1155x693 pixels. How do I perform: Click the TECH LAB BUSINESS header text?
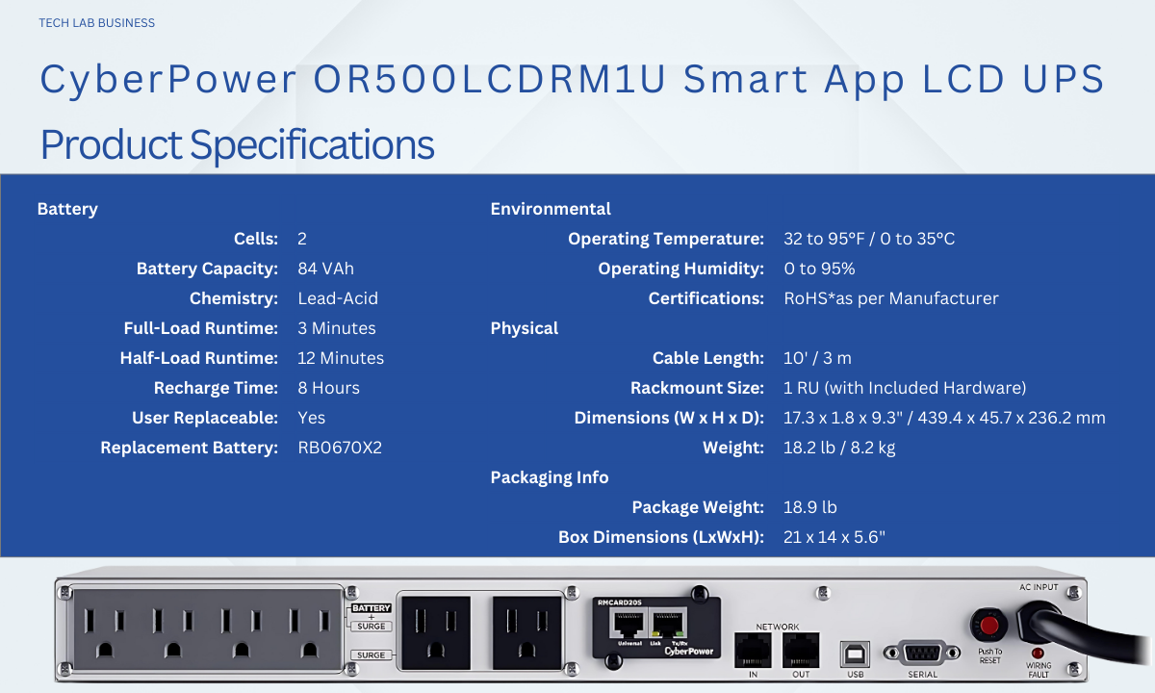(x=96, y=23)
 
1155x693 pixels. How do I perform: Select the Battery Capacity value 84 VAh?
(x=326, y=269)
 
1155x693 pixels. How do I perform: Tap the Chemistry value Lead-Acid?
(x=338, y=298)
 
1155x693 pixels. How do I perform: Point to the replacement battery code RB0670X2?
(x=340, y=448)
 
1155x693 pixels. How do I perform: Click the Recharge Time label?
(x=216, y=388)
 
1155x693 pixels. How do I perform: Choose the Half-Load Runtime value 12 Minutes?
(x=341, y=358)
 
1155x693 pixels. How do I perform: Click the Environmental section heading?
(x=551, y=209)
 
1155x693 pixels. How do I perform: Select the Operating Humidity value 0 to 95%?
(x=819, y=269)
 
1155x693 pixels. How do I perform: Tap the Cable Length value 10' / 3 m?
(x=817, y=358)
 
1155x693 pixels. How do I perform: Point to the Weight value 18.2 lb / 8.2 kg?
(x=839, y=448)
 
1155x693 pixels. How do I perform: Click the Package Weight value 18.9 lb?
(x=810, y=507)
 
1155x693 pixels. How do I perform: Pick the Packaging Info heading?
(x=550, y=477)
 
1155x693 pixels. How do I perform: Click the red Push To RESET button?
(x=989, y=626)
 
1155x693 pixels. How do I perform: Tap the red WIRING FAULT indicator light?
(x=1038, y=654)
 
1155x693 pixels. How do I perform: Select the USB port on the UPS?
(x=855, y=654)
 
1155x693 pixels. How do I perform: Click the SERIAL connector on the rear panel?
(x=922, y=654)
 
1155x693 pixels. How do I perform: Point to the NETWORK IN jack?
(x=753, y=651)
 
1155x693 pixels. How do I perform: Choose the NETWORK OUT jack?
(x=801, y=651)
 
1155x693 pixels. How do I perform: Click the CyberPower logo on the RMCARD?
(x=689, y=652)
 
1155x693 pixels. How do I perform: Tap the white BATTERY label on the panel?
(x=372, y=608)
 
